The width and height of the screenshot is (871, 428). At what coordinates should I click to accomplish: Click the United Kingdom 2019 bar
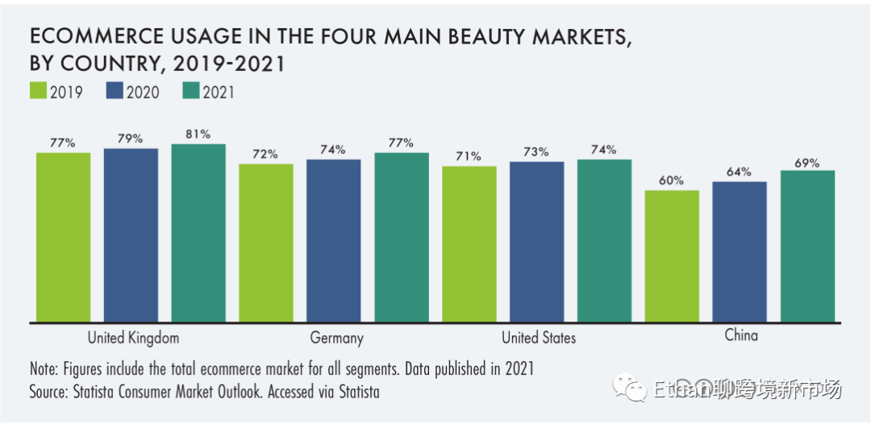point(63,237)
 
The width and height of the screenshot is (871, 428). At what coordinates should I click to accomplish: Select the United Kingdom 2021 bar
point(198,233)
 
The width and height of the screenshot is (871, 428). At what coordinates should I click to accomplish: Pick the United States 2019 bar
point(469,243)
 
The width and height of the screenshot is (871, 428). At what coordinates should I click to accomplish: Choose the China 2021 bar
point(806,246)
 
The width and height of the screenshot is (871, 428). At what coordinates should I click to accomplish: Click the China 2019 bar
point(672,256)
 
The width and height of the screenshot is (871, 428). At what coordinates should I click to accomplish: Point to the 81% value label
point(198,134)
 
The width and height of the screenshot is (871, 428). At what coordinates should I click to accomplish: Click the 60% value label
point(672,181)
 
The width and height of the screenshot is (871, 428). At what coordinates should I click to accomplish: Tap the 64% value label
point(739,172)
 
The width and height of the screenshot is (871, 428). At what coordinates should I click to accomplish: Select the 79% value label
point(131,139)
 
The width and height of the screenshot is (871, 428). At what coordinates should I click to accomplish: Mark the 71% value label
point(469,156)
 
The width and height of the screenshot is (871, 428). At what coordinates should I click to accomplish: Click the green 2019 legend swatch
point(37,91)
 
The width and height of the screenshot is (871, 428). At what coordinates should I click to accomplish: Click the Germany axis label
point(336,338)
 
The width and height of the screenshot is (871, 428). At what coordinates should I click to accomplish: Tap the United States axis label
point(539,338)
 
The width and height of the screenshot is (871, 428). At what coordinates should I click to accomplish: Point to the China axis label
point(741,335)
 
